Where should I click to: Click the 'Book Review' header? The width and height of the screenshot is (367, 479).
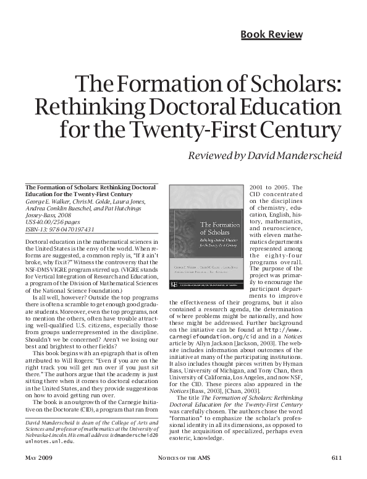tap(271, 34)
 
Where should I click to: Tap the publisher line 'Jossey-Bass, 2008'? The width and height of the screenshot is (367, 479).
tap(47, 209)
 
